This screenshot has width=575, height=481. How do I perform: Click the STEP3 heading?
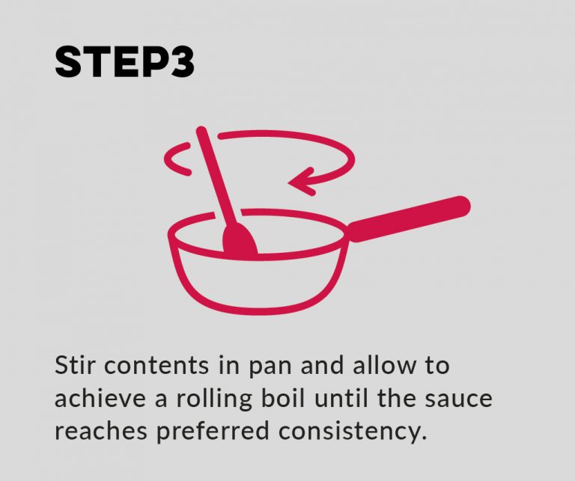(124, 64)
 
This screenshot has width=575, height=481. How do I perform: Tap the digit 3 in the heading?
(180, 64)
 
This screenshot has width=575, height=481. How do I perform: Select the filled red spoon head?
(240, 240)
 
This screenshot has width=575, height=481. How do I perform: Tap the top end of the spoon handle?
(201, 132)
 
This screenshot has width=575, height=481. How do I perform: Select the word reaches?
(98, 432)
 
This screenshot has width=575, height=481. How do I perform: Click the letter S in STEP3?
(69, 64)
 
